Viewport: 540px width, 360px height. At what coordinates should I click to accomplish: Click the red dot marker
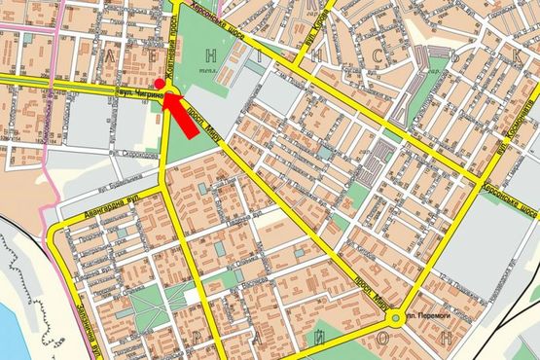[159, 84]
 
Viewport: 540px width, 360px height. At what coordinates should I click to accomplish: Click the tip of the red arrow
[169, 95]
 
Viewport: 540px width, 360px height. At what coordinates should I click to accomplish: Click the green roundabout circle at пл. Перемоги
[396, 318]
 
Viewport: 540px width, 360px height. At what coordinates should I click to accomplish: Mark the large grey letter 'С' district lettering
[375, 60]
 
